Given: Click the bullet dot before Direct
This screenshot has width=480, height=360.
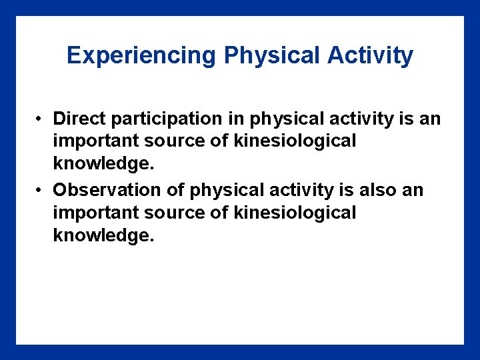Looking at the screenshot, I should click(x=41, y=119).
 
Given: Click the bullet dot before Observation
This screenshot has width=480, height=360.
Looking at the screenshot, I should click(x=41, y=191).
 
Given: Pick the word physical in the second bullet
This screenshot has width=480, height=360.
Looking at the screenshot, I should click(x=227, y=191).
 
